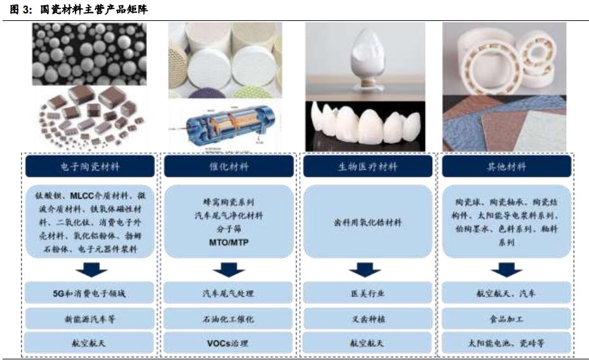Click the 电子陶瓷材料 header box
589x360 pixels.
pos(90,167)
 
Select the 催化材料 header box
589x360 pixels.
pos(229,167)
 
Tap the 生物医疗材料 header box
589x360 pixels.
pos(368,167)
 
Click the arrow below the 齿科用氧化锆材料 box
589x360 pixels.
pos(368,270)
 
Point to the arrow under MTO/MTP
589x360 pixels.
pos(229,270)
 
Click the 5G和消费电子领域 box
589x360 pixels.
pos(90,293)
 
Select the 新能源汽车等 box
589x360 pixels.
pos(90,319)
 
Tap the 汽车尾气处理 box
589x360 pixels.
pos(229,293)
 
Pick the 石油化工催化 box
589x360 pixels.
pos(229,319)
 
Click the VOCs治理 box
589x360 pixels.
pos(229,343)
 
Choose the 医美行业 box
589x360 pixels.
pos(368,293)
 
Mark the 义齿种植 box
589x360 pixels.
pos(368,319)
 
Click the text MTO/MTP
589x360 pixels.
pos(229,243)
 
